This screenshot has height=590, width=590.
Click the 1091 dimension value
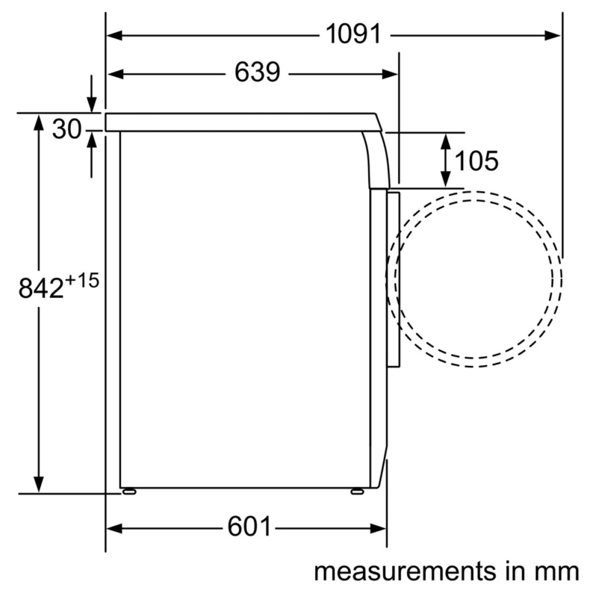pyautogui.click(x=353, y=34)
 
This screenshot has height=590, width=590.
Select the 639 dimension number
pyautogui.click(x=257, y=72)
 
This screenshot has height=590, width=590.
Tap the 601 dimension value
pyautogui.click(x=249, y=526)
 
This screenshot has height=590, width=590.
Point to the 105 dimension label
pyautogui.click(x=476, y=161)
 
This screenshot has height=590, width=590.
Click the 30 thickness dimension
pyautogui.click(x=67, y=129)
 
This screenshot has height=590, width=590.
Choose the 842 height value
pyautogui.click(x=41, y=289)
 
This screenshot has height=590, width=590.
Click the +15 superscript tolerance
pyautogui.click(x=81, y=280)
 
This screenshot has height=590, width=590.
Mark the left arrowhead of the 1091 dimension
pyautogui.click(x=114, y=36)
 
